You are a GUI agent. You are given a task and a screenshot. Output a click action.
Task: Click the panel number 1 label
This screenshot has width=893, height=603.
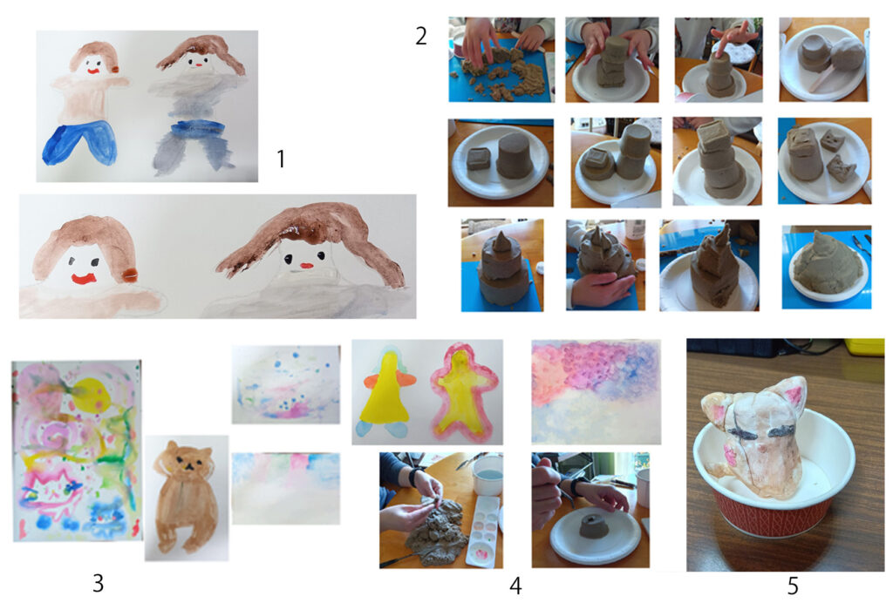click(x=280, y=159)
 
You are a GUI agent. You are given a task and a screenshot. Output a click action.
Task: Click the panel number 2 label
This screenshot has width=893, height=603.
click(x=421, y=36)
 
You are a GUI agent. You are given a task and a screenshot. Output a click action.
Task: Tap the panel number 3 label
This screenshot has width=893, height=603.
click(x=98, y=583)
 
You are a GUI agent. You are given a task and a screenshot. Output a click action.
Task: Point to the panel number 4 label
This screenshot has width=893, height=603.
click(x=515, y=586)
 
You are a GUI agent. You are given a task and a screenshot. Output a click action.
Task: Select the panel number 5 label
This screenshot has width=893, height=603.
click(x=793, y=586)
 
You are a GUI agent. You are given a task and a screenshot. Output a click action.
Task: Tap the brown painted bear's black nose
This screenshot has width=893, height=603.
click(x=187, y=465)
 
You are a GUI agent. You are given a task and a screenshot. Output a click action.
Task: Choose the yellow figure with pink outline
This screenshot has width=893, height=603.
click(x=463, y=392)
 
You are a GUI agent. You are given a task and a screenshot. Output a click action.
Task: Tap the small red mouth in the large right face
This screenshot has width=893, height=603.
click(x=307, y=266)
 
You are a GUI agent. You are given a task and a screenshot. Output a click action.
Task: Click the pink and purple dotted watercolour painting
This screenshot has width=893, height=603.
click(x=596, y=391)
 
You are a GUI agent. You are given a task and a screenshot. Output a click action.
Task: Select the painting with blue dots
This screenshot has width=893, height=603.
click(x=286, y=384)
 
